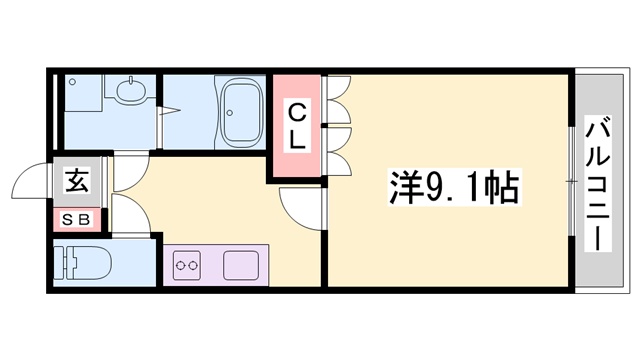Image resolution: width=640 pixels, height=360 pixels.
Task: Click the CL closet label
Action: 298,125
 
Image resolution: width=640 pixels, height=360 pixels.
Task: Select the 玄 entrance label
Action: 76,182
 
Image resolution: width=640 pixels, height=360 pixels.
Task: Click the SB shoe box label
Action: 76,219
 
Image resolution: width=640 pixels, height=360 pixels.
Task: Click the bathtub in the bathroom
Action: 241,113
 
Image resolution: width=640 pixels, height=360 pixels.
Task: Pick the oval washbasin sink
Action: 129,94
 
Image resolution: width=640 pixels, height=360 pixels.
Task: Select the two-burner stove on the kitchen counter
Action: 188,266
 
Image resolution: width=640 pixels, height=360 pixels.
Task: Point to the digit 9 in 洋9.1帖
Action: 415,186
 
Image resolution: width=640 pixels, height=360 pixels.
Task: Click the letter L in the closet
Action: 298,141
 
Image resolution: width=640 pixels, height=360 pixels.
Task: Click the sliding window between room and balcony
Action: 571,180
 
